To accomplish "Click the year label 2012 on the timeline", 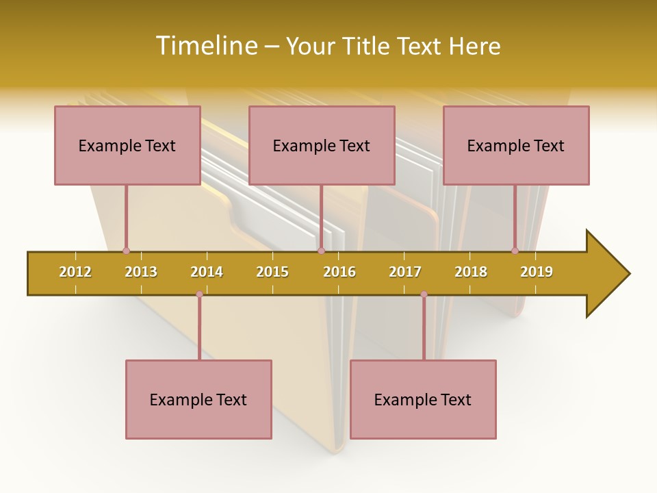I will (x=75, y=272).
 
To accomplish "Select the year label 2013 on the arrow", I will (x=141, y=272).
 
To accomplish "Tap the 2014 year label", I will (x=207, y=272).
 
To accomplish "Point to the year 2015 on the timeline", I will (x=272, y=272).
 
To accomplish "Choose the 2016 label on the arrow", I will (x=339, y=272).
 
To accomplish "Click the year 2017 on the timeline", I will (x=405, y=272).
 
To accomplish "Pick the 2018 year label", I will (x=471, y=272).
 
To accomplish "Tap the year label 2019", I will (x=537, y=272).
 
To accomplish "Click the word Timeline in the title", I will (x=205, y=46).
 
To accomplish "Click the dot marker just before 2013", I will (x=126, y=251).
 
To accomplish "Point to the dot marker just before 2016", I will (x=321, y=251).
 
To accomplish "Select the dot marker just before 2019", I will (x=515, y=251).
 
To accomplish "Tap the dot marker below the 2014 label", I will (x=199, y=294).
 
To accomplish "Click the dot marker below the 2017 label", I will (x=424, y=294).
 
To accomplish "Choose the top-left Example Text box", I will (x=127, y=145).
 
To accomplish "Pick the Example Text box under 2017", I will (x=423, y=399).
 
